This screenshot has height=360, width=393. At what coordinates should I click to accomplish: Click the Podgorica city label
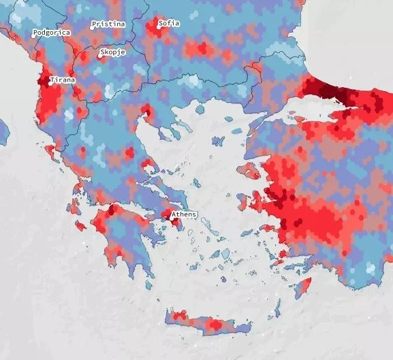click(x=52, y=33)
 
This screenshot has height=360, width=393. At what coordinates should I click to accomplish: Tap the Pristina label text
click(x=109, y=24)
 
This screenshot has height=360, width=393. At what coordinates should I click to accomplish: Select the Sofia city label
click(x=169, y=23)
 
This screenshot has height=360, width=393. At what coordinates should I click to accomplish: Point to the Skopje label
click(x=114, y=52)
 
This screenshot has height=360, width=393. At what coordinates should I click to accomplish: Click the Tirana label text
click(x=63, y=80)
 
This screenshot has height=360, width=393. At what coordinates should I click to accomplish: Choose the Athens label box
click(x=184, y=214)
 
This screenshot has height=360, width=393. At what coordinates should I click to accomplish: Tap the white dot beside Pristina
click(x=92, y=28)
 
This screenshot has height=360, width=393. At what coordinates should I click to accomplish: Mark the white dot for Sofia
click(x=156, y=27)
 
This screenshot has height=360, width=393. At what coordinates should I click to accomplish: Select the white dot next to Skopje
click(x=100, y=56)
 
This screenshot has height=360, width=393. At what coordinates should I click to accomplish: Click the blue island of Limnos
click(x=218, y=142)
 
